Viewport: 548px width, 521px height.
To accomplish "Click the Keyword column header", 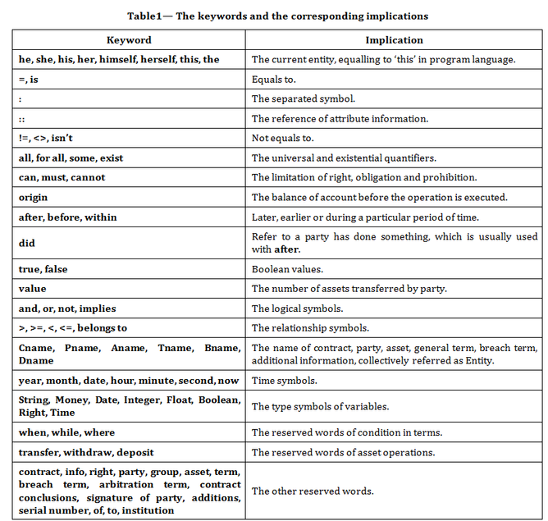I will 129,39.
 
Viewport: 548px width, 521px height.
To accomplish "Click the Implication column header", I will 394,39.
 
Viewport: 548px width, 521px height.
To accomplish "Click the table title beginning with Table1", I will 277,16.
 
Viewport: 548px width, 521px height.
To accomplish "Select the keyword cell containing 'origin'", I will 34,197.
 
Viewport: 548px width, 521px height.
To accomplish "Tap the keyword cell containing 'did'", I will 26,243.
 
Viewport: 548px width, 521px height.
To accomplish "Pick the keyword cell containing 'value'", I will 33,289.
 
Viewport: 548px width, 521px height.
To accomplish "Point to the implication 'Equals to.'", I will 274,79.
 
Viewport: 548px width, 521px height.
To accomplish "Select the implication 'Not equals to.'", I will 283,138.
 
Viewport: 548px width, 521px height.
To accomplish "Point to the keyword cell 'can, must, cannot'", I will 62,177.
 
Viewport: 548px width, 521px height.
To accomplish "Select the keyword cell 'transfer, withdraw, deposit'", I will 86,452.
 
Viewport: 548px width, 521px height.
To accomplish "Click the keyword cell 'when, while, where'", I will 67,432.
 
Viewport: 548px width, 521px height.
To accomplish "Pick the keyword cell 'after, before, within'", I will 68,217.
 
